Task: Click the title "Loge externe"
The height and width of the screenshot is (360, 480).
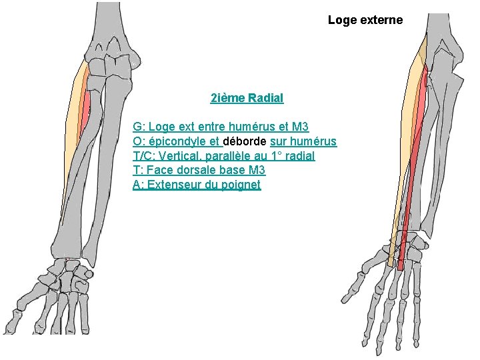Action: (365, 20)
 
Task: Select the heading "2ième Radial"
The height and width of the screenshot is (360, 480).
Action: (247, 98)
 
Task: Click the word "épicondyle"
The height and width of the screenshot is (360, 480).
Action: (177, 141)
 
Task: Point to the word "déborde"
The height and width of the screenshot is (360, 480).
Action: (245, 141)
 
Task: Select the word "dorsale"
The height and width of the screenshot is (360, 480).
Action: (196, 171)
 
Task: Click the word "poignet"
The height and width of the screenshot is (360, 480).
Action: (240, 185)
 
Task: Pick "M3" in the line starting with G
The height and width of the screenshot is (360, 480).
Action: (300, 127)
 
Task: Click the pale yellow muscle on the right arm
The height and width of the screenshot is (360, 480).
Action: (403, 147)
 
